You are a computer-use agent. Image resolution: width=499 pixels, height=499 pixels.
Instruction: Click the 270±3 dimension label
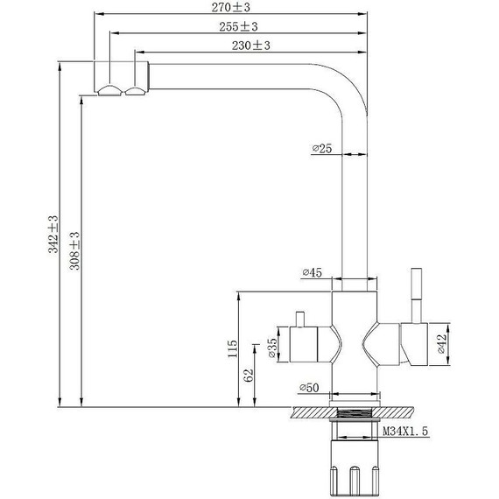tap(231, 7)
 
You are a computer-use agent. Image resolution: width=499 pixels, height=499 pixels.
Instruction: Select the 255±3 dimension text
tap(238, 26)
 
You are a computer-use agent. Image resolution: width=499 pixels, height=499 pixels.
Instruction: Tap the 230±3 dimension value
tap(250, 46)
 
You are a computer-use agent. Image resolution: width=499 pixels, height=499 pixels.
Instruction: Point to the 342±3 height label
tap(53, 235)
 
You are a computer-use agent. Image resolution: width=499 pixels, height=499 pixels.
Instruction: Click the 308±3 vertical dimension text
tap(74, 250)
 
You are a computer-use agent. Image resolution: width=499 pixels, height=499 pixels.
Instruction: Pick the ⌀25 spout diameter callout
tap(322, 148)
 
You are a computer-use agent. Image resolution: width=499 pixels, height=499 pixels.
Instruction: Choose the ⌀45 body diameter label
tap(313, 273)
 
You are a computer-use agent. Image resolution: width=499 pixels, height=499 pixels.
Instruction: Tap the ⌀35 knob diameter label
tap(272, 348)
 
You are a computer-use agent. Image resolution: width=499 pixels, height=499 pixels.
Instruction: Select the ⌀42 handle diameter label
tap(442, 344)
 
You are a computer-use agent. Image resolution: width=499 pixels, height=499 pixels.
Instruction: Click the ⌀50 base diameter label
tap(309, 388)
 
